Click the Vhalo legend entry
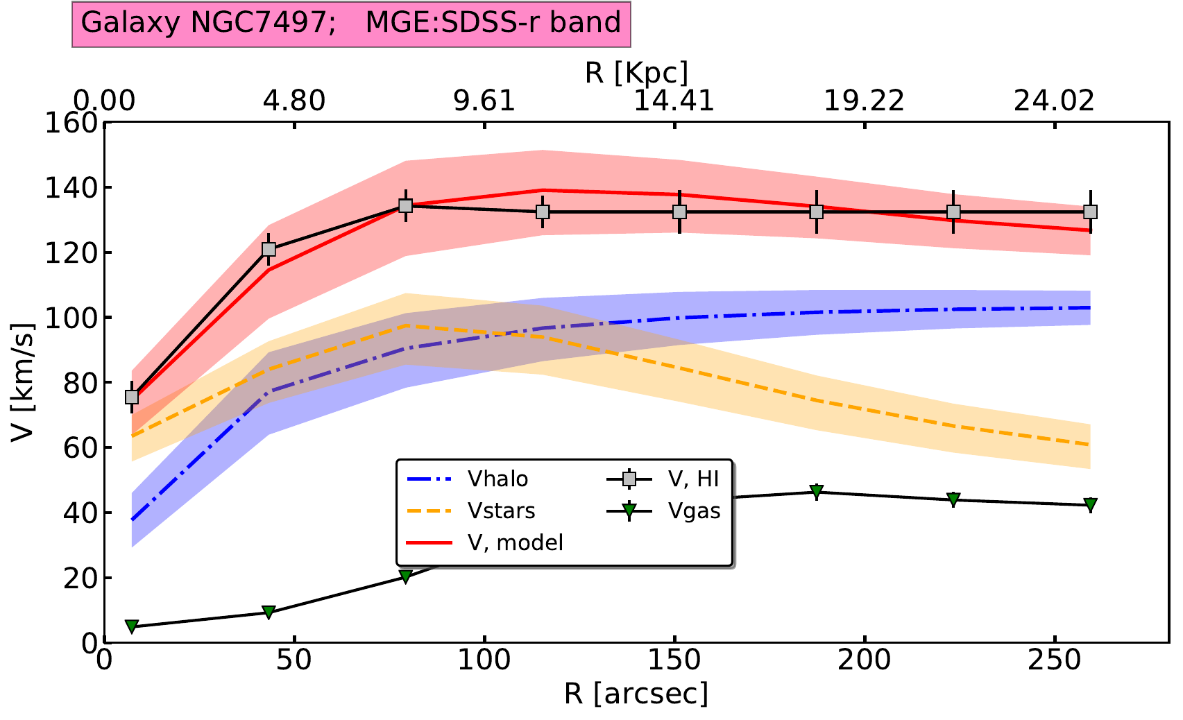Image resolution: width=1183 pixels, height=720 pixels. [x=497, y=479]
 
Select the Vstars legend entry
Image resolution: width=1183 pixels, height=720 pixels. [x=501, y=511]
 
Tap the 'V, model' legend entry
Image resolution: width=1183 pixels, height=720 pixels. [x=515, y=542]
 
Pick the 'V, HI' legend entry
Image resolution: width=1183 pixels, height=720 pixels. [x=693, y=479]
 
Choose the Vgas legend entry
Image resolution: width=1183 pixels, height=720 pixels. [x=694, y=511]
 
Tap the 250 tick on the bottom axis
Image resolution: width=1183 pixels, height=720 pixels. [x=1055, y=660]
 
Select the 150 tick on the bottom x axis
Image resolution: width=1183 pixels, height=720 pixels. [x=674, y=660]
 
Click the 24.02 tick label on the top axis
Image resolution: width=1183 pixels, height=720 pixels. [x=1055, y=101]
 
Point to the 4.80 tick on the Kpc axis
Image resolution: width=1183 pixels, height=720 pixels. [x=294, y=101]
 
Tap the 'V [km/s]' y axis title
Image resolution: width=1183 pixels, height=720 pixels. [x=22, y=382]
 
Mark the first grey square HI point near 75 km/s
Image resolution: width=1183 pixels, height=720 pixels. [x=132, y=397]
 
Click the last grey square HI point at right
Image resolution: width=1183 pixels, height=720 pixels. [x=1090, y=212]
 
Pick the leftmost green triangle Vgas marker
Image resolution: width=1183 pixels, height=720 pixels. [x=132, y=626]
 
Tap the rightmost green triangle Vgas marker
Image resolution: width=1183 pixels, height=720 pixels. [x=1090, y=504]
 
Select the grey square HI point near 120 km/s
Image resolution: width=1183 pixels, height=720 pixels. [x=269, y=250]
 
